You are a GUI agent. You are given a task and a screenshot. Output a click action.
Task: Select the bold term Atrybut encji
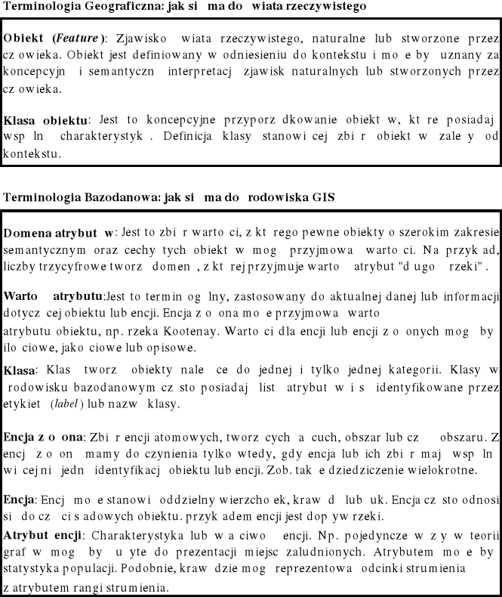point(44,536)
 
